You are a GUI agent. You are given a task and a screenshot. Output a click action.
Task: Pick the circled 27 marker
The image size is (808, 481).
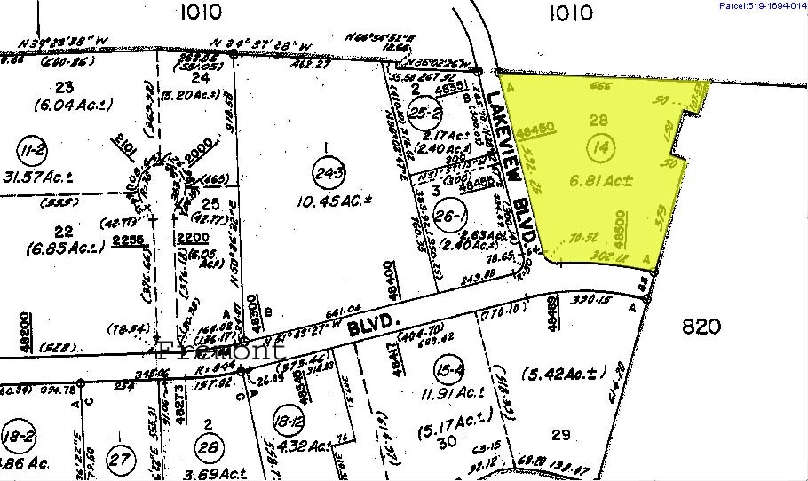click(120, 459)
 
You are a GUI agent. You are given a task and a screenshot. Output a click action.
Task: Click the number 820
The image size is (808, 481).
click(701, 327)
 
